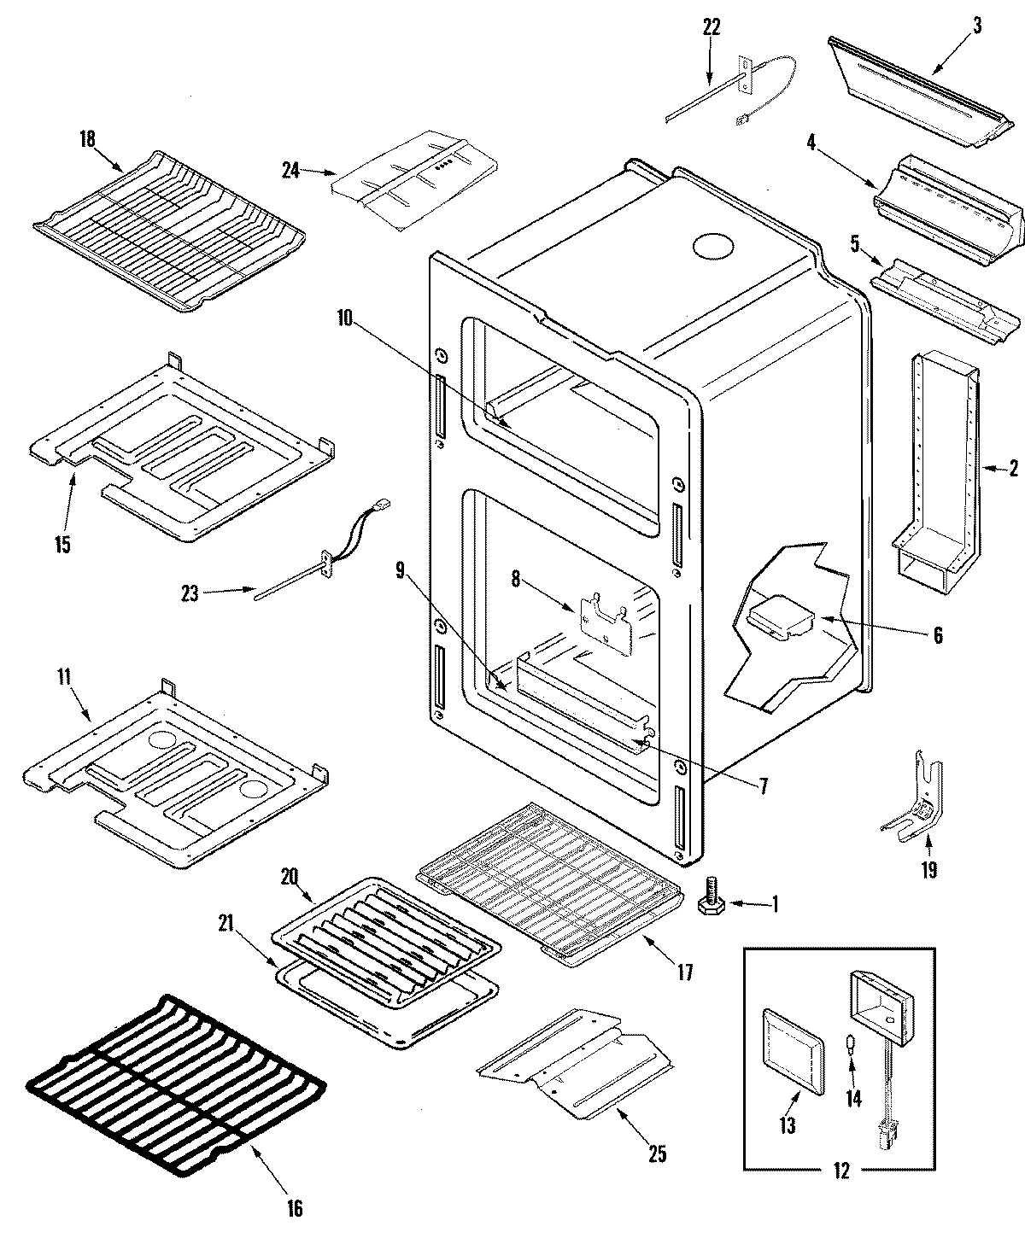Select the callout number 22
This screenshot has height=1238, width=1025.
click(x=711, y=27)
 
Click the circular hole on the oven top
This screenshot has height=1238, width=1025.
click(x=712, y=247)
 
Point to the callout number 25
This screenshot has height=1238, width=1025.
click(x=656, y=1155)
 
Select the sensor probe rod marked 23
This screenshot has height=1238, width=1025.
click(x=290, y=581)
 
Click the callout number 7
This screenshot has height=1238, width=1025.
click(x=763, y=786)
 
